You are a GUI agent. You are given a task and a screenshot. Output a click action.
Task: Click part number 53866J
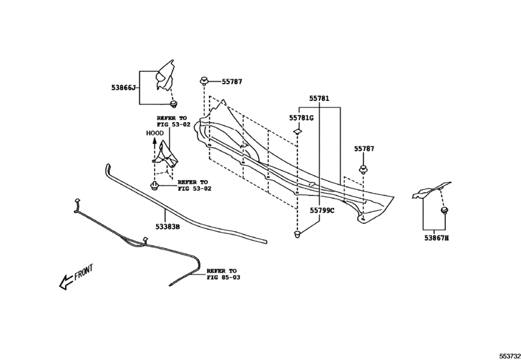(x=123, y=88)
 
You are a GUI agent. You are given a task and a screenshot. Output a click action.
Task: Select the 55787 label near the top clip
(x=232, y=82)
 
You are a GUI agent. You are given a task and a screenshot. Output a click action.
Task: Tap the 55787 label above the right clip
(x=364, y=148)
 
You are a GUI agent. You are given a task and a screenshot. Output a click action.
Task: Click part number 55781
(x=319, y=98)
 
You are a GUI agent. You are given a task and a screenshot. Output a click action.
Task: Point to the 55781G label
(x=301, y=118)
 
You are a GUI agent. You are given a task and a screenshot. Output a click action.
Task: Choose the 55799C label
(x=322, y=210)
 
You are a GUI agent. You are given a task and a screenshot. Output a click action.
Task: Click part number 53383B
(x=168, y=227)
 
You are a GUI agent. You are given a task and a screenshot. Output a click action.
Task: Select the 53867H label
(x=436, y=238)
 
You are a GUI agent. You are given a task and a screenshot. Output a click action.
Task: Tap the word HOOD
(x=155, y=133)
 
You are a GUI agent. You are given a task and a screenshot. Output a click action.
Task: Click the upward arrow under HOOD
(x=155, y=149)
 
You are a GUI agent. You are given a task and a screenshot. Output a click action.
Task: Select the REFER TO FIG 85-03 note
(x=223, y=274)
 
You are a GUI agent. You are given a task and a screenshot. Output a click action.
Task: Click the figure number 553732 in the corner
(x=510, y=356)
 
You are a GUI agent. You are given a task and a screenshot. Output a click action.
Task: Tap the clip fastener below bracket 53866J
(x=173, y=104)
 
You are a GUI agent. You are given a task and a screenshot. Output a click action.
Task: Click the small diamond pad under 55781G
(x=297, y=132)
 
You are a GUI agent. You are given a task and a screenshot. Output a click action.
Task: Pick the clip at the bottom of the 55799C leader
(x=297, y=234)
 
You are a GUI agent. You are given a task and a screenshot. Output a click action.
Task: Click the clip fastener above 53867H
(x=444, y=210)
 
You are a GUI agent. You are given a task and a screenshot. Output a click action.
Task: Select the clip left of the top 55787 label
(x=204, y=81)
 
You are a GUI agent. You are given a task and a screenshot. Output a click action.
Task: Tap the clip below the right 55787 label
(x=364, y=170)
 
